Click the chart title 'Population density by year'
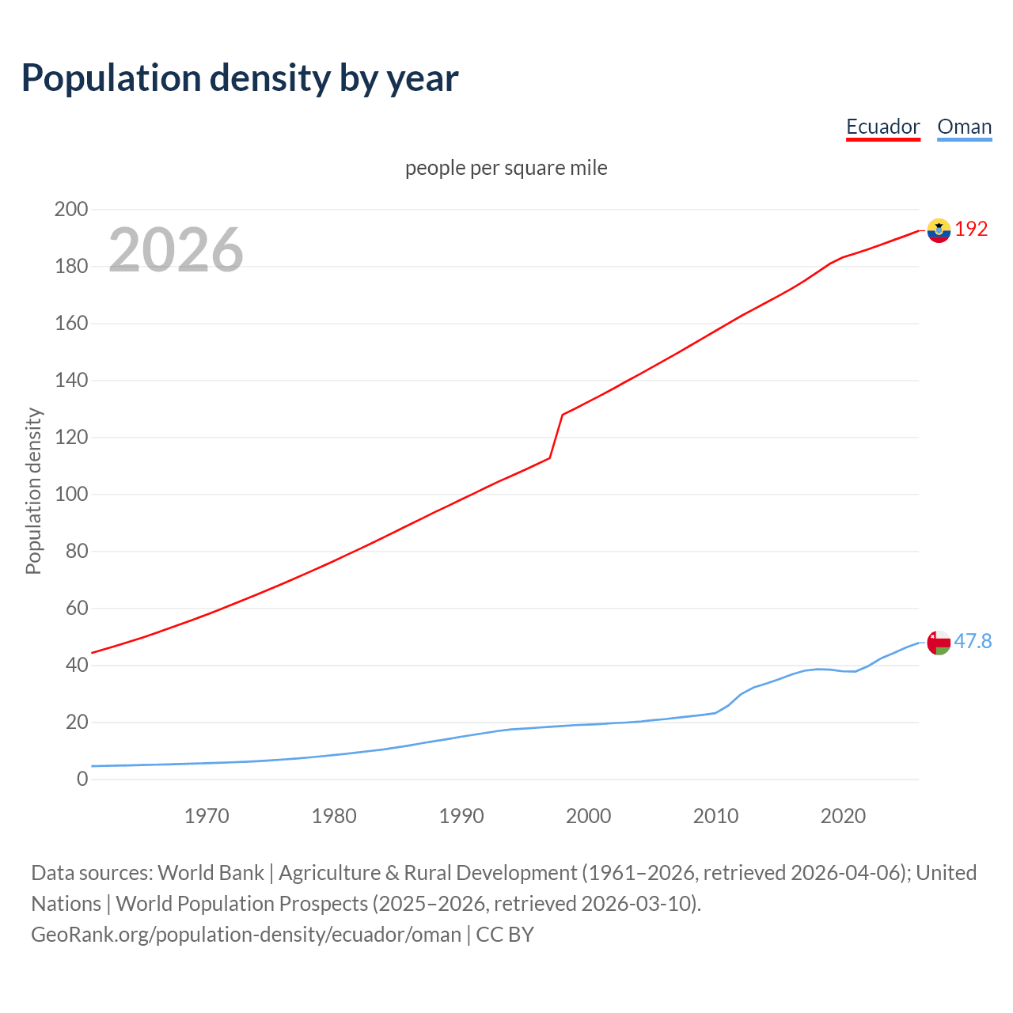point(240,78)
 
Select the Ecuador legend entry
point(882,127)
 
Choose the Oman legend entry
point(964,127)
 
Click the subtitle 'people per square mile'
point(506,169)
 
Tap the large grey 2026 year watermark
point(176,250)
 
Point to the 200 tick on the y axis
point(70,210)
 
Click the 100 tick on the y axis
point(70,495)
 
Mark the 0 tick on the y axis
point(82,780)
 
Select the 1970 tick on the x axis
point(207,816)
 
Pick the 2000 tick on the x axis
point(588,816)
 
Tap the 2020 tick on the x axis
point(843,816)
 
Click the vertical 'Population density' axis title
point(33,491)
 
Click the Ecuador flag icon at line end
point(939,230)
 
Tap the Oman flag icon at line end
point(939,643)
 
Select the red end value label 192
point(971,230)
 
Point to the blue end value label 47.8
point(973,642)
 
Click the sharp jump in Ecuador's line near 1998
point(556,435)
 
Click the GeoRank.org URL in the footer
point(245,935)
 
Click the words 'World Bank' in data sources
point(211,873)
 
